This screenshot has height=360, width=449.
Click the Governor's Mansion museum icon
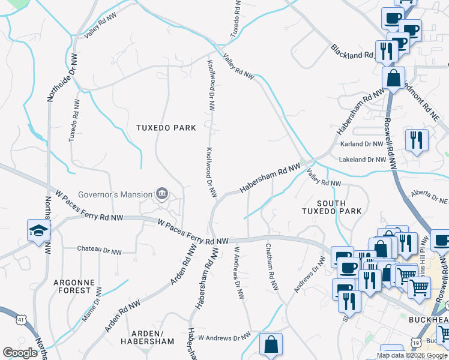(161, 193)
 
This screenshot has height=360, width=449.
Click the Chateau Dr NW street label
(100, 249)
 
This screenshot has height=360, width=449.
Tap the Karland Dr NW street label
(361, 144)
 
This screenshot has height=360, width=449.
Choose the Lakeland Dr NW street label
(361, 160)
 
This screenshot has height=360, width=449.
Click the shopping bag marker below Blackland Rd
(393, 78)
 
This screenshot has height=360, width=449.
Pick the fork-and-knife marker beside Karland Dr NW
(416, 140)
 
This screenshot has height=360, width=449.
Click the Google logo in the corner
(20, 353)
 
